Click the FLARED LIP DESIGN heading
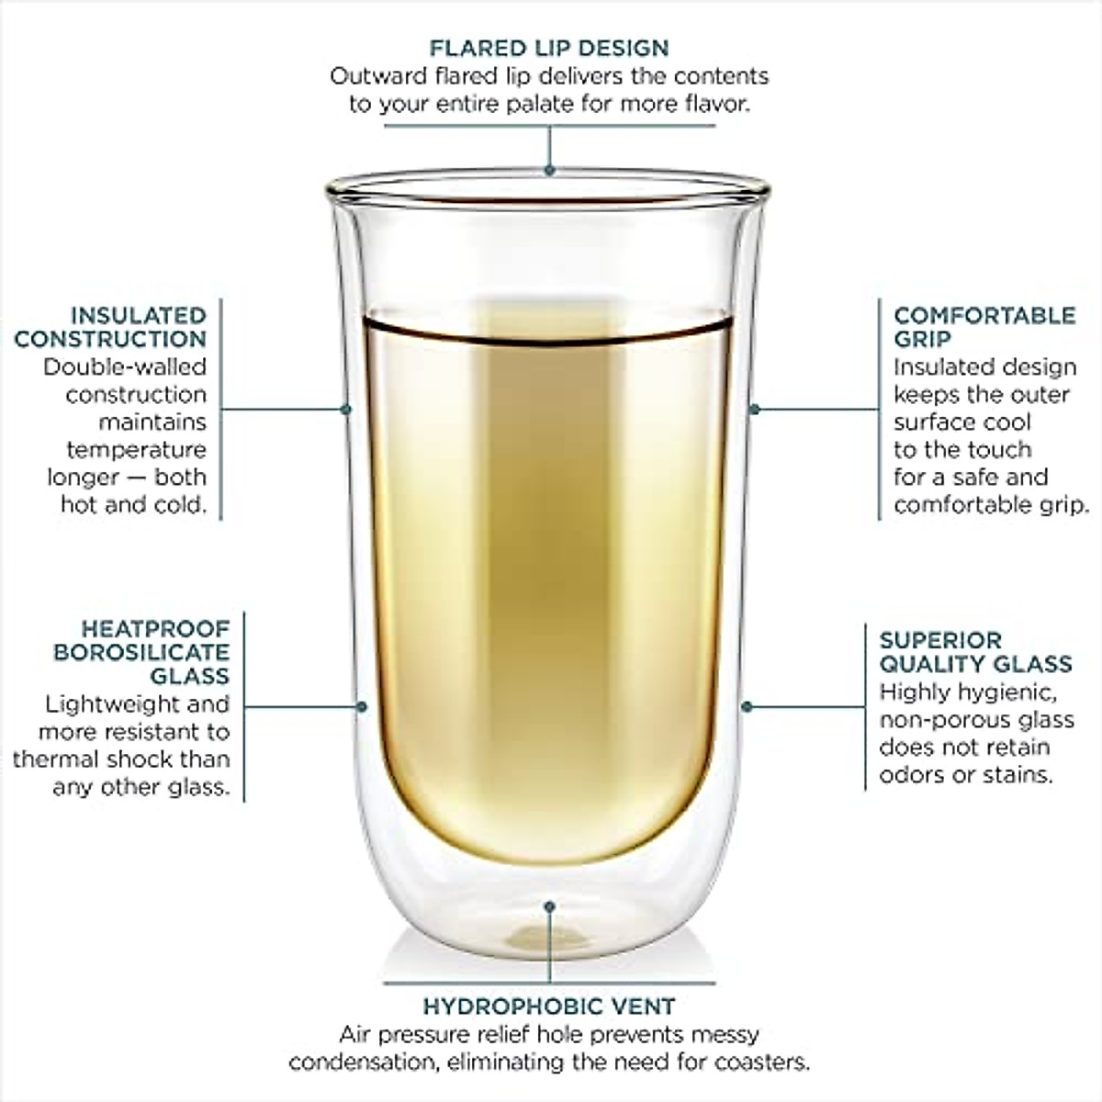[549, 48]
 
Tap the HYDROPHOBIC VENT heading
[549, 1006]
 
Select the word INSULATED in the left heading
[139, 316]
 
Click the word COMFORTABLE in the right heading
[984, 315]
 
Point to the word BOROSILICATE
[141, 652]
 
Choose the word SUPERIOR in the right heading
[928, 640]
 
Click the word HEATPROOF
[155, 629]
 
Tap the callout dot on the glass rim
[549, 170]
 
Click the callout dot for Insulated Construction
[346, 409]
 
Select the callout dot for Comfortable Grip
[754, 409]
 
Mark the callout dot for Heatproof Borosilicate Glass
[362, 707]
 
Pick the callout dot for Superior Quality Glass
[748, 707]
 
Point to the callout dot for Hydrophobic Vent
[549, 906]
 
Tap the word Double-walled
[125, 367]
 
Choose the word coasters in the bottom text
[764, 1063]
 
